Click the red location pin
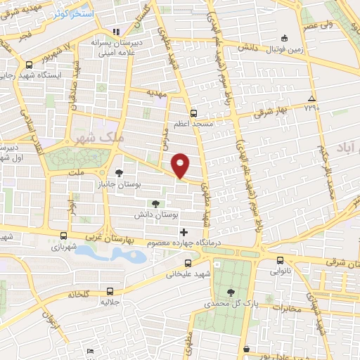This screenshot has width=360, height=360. coord(181,164)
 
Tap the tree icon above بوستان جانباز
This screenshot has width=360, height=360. coord(119,172)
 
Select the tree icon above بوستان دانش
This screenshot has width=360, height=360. coord(155,202)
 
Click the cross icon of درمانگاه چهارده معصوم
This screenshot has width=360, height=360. coord(184,232)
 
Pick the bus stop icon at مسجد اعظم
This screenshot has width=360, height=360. coord(193,112)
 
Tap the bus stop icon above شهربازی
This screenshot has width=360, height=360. coord(64,236)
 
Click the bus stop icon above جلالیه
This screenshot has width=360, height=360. coord(109,290)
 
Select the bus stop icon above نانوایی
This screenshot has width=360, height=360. coord(280,259)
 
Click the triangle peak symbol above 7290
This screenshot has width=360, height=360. coord(311,98)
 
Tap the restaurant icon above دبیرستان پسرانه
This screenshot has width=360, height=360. coord(117,32)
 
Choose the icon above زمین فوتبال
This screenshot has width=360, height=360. coord(284,38)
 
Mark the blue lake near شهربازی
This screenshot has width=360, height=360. coord(112,253)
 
